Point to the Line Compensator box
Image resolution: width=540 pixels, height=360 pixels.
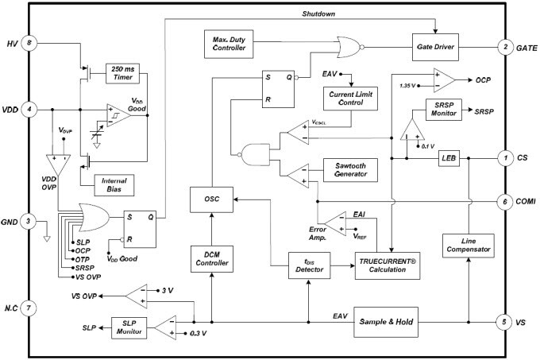pyautogui.click(x=468, y=245)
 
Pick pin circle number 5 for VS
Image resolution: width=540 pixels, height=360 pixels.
pyautogui.click(x=504, y=323)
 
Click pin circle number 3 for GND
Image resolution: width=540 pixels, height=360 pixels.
pyautogui.click(x=29, y=221)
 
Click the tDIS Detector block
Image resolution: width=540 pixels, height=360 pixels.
pyautogui.click(x=307, y=266)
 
